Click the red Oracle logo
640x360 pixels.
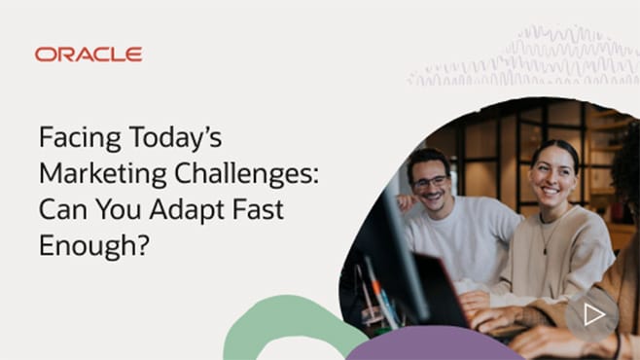(x=89, y=54)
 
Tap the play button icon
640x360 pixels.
(x=593, y=313)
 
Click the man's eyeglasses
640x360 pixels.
(x=429, y=181)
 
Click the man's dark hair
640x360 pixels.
(x=426, y=159)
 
